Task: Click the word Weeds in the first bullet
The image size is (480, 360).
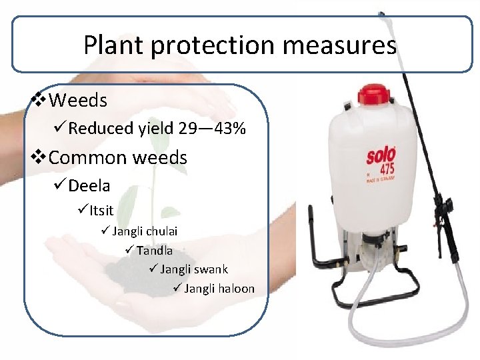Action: coord(78,101)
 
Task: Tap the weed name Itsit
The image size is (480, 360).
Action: coord(102,211)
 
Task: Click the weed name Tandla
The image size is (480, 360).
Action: coord(154,251)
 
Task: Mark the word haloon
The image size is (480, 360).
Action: coord(236,289)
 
